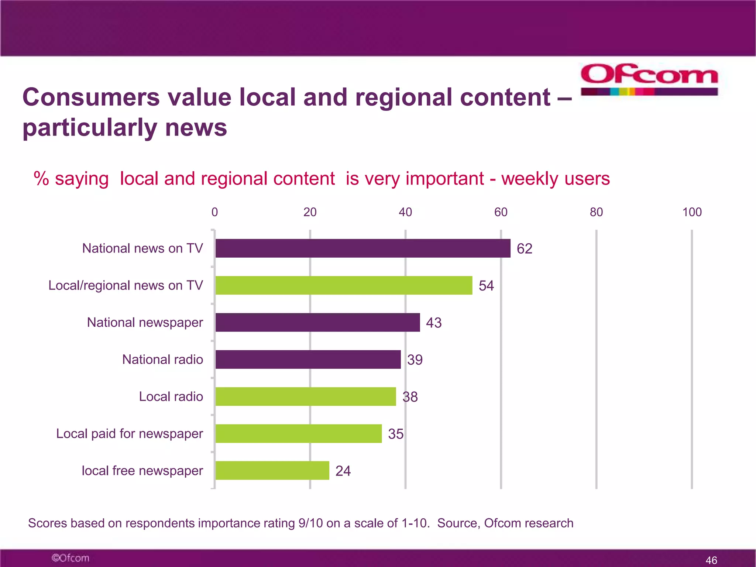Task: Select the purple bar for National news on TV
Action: [x=363, y=248]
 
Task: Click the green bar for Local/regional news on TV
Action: [x=344, y=285]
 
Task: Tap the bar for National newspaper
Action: [x=317, y=322]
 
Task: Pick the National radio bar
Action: [x=308, y=359]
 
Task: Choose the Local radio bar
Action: [x=306, y=396]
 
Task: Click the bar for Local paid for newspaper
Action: [x=298, y=433]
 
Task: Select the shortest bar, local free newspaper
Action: [x=272, y=470]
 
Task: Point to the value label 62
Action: [x=524, y=248]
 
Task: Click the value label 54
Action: [x=486, y=286]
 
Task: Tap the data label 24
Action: [x=343, y=471]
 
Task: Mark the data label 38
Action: [x=410, y=397]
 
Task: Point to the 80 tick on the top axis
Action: [x=596, y=212]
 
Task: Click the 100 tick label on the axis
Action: [x=692, y=212]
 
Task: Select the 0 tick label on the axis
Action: [x=214, y=212]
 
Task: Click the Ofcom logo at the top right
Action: [x=649, y=79]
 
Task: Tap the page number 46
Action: [x=711, y=560]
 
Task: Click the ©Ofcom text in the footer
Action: [x=71, y=558]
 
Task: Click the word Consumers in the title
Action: [x=91, y=97]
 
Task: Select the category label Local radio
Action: [x=171, y=396]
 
